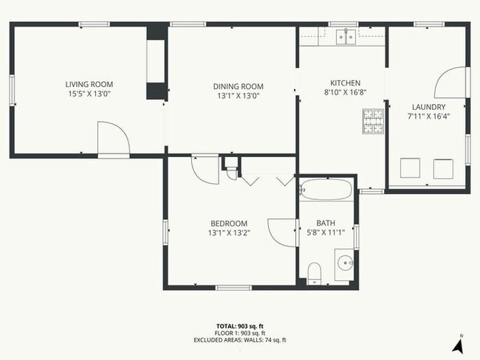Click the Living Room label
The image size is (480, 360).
tap(89, 84)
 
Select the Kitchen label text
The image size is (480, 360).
tap(344, 83)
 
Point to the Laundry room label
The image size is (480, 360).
tap(428, 107)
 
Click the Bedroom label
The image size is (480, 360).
tap(228, 224)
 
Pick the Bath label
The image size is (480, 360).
tap(326, 224)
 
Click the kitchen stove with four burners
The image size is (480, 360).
tap(374, 120)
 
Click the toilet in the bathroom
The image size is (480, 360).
tap(314, 271)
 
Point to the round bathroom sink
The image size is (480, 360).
tap(345, 262)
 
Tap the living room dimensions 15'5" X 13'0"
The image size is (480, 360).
tap(89, 94)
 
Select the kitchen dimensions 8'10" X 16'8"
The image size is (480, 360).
tap(344, 93)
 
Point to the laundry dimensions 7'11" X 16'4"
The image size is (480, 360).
tap(428, 117)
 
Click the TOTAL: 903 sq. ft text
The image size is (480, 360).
tap(239, 325)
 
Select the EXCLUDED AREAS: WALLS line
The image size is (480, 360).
tap(239, 339)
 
